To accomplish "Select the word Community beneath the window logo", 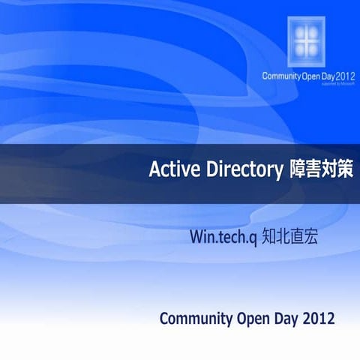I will (280, 76).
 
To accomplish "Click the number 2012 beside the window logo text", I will (345, 76).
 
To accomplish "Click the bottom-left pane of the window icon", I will (301, 49).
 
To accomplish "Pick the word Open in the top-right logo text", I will (309, 76).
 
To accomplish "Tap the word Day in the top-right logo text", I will (327, 76).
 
